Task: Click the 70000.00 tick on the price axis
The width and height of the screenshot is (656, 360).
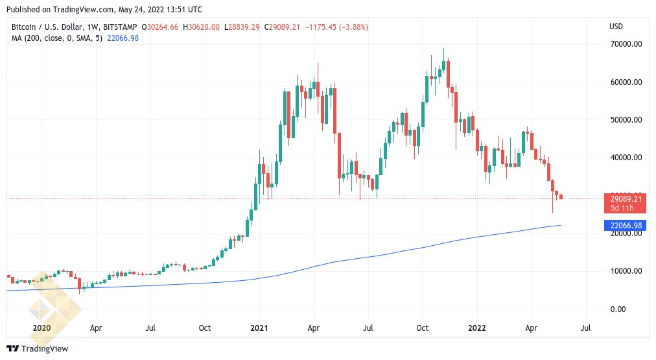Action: coord(622,45)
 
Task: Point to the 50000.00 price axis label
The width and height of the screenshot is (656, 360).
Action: coord(622,120)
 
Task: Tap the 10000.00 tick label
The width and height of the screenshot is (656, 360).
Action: coord(622,271)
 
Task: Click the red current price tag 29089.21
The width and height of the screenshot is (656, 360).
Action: coord(625,198)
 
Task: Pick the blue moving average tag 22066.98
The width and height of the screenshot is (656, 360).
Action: coord(625,226)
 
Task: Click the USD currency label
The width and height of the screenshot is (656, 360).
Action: coord(616,27)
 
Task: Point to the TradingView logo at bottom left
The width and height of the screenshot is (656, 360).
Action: coord(38,349)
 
